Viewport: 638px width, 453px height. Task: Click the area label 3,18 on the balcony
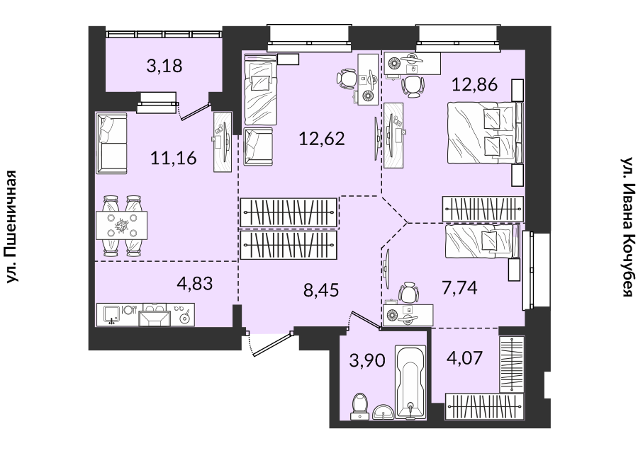click(x=164, y=66)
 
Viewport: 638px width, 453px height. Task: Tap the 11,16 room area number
click(x=174, y=158)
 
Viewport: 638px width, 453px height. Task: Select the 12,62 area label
click(x=322, y=139)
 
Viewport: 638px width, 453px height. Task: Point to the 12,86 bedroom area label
click(x=475, y=84)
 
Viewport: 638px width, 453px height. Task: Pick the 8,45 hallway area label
click(x=321, y=290)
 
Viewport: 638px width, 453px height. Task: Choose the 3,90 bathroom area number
click(x=367, y=360)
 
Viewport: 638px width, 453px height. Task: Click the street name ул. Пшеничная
click(x=11, y=226)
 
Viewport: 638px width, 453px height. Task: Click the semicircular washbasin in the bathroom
click(x=383, y=411)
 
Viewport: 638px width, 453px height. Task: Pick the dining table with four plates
click(x=121, y=226)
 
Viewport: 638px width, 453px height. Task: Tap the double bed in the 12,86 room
click(x=484, y=134)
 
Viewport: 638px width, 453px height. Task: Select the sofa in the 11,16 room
click(x=111, y=143)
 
